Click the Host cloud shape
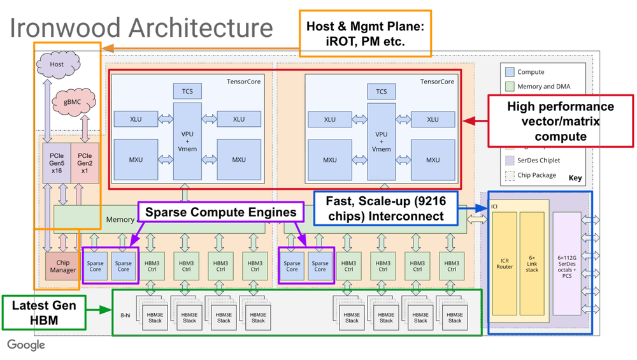(x=57, y=64)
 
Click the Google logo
(x=26, y=345)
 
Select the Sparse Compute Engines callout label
(x=220, y=212)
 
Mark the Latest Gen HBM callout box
(x=44, y=312)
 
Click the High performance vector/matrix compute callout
(x=560, y=121)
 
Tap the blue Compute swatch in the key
(x=509, y=72)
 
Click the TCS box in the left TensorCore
(x=187, y=91)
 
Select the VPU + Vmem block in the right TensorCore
(x=381, y=140)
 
